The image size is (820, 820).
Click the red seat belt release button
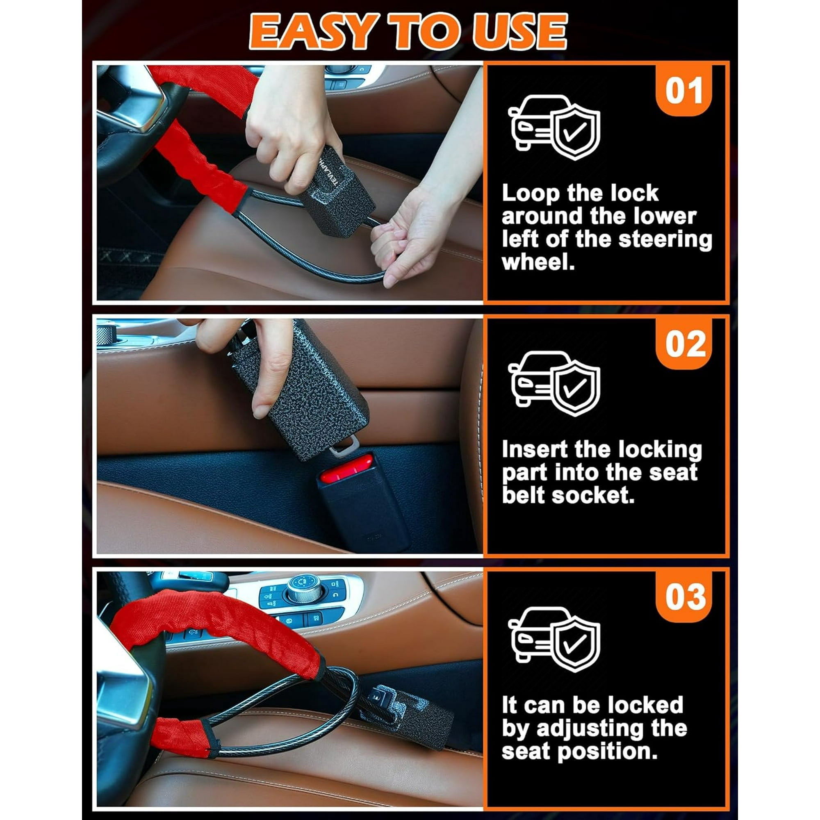pyautogui.click(x=346, y=469)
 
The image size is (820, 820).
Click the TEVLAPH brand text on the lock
pyautogui.click(x=328, y=169)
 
